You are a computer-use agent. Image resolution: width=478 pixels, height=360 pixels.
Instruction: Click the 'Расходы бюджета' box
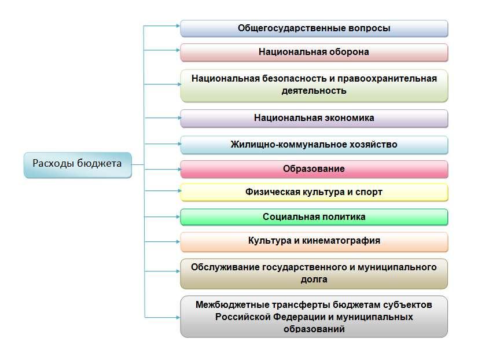click(x=78, y=165)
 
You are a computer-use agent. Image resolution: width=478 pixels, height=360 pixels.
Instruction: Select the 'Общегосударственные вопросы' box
click(x=314, y=29)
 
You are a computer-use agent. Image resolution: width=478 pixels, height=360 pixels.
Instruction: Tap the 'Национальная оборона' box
click(x=314, y=53)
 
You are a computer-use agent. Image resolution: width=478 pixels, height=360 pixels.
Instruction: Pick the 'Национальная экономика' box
click(x=314, y=118)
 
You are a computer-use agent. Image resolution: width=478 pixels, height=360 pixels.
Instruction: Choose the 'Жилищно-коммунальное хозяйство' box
click(x=314, y=145)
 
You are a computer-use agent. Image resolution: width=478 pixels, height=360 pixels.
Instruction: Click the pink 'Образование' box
click(x=314, y=169)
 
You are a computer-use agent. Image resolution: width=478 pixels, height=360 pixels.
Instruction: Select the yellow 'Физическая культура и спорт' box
click(x=314, y=192)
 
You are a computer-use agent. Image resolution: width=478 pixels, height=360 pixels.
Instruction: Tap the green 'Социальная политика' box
click(x=314, y=217)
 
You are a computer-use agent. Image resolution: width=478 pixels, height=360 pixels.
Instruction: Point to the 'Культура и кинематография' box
click(x=314, y=242)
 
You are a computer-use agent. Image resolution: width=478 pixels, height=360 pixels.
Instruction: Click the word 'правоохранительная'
click(x=387, y=79)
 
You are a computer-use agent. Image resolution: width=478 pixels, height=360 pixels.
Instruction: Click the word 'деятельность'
click(x=314, y=90)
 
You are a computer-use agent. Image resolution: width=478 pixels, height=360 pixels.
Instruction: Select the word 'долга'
click(x=314, y=279)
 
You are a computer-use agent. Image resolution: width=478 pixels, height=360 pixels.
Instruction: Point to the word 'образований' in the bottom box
click(x=314, y=329)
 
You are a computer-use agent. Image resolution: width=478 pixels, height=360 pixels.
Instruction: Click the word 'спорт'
click(x=369, y=193)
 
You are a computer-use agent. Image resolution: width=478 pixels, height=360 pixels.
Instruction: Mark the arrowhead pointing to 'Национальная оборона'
click(x=178, y=50)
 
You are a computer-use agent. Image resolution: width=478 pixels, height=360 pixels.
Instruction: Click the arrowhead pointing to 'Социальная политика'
click(x=178, y=216)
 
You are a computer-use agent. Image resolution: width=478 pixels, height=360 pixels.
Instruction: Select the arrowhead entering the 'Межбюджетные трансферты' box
click(x=178, y=317)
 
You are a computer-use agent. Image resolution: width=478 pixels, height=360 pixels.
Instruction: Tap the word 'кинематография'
click(x=341, y=241)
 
